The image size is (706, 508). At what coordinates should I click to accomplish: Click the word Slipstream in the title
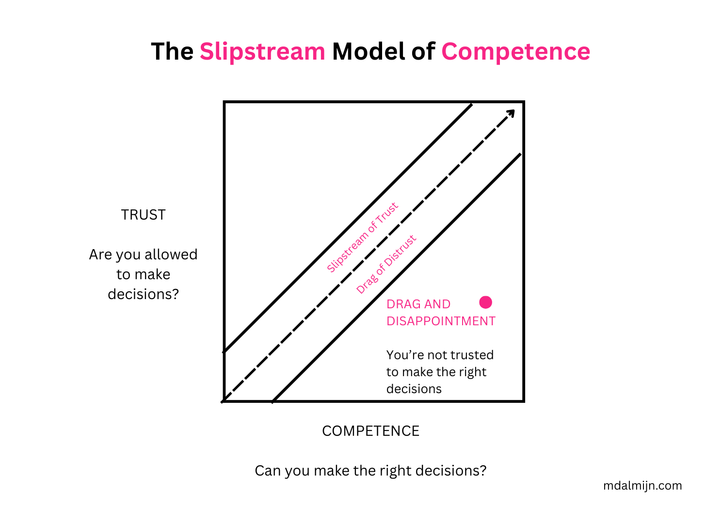click(x=262, y=52)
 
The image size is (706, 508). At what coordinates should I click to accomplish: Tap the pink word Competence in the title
click(x=515, y=52)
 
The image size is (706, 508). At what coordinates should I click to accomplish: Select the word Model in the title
click(x=368, y=51)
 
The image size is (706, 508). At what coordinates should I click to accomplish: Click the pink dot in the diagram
click(x=485, y=302)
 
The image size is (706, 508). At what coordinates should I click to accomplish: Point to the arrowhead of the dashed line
click(x=511, y=113)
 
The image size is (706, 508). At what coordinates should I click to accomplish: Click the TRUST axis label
click(x=143, y=215)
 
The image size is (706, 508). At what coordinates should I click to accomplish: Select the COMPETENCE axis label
click(x=370, y=431)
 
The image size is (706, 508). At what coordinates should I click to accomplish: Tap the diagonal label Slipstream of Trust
click(x=362, y=238)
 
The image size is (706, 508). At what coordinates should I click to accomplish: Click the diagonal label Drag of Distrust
click(x=386, y=265)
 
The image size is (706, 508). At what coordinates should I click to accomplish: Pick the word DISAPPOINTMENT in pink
click(x=441, y=321)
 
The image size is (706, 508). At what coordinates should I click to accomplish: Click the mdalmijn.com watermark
click(x=642, y=486)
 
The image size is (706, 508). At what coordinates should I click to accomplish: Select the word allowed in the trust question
click(x=171, y=254)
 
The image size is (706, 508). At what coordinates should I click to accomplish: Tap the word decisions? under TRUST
click(x=143, y=294)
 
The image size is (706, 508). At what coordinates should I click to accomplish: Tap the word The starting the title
click(x=172, y=52)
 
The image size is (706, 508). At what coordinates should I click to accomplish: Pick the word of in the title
click(x=423, y=52)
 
